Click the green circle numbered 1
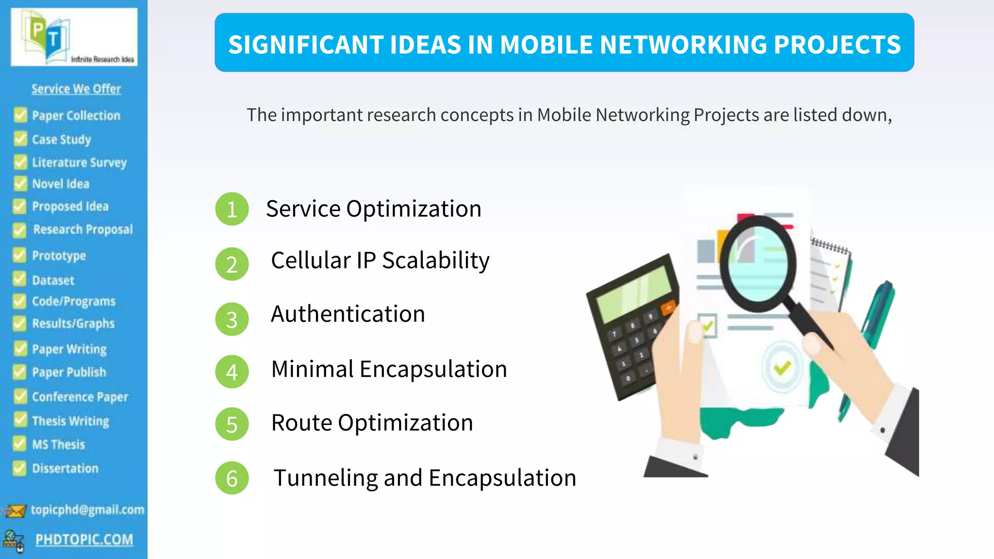click(232, 209)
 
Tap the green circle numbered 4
click(232, 372)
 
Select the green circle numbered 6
click(232, 478)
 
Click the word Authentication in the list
click(348, 314)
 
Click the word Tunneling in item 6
click(325, 478)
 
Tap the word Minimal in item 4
click(313, 369)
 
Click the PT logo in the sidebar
click(49, 39)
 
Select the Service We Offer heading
click(76, 89)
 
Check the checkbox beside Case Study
click(20, 139)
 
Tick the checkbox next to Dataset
click(19, 279)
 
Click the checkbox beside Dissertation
click(19, 468)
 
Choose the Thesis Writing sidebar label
click(70, 421)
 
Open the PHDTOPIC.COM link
click(84, 539)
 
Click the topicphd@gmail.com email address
click(87, 510)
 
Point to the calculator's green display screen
click(633, 294)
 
